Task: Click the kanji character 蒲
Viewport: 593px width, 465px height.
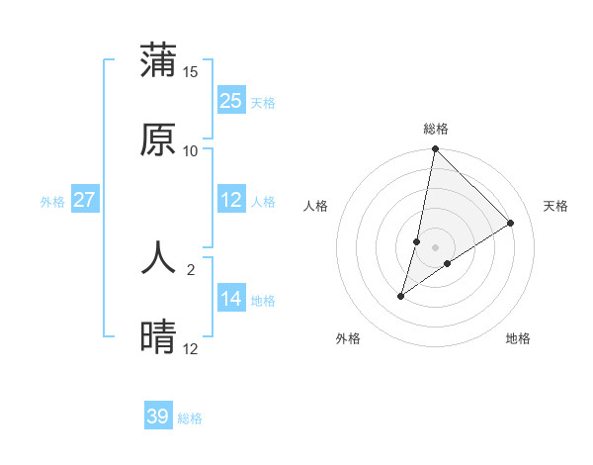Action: pos(158,60)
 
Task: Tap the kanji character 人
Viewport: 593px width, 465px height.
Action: pos(158,259)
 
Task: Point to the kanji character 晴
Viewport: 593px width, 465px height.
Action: pos(158,337)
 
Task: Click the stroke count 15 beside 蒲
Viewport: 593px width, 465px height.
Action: pos(191,72)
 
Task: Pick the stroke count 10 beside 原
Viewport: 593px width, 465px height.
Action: pos(191,150)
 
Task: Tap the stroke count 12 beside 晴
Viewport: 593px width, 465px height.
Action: pos(191,348)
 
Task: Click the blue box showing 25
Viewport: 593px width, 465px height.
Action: pos(231,101)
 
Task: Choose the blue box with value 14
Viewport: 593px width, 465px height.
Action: pos(231,299)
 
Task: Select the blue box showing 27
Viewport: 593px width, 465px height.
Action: pos(85,200)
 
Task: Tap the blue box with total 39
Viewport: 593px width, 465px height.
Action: pos(158,417)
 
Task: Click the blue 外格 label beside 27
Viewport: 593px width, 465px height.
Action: pos(52,202)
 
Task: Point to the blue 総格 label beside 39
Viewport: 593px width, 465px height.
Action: pos(190,418)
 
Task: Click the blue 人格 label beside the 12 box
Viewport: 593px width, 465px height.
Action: pos(263,202)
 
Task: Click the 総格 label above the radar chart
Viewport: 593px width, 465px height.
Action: pos(436,129)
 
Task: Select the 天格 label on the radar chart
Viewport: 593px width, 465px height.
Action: pos(555,206)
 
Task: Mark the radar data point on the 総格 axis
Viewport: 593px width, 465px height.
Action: pos(436,149)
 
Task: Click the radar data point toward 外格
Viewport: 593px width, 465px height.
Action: pos(401,296)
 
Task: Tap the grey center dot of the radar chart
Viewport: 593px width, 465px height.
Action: pos(436,247)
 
